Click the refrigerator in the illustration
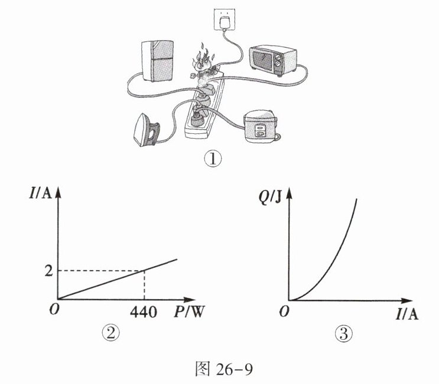pyautogui.click(x=158, y=61)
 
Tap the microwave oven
pyautogui.click(x=274, y=57)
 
